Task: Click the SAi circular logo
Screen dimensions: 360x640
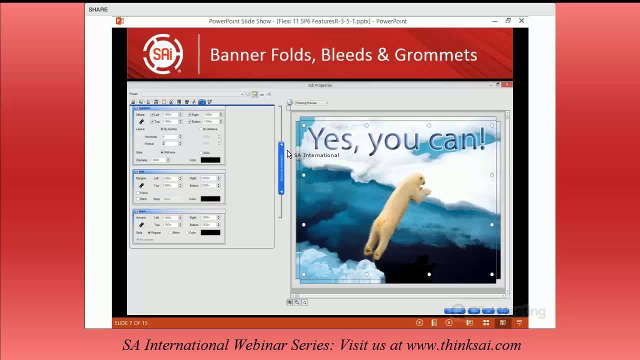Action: [163, 54]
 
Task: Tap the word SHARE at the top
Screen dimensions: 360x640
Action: [98, 9]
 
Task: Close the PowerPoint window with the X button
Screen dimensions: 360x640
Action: [521, 21]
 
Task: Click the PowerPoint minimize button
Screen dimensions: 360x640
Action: [494, 21]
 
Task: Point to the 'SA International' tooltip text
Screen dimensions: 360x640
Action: [316, 155]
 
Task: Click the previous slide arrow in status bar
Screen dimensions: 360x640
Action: [419, 322]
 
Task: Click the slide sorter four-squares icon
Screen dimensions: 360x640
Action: [486, 322]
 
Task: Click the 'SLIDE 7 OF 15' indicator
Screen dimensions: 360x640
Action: [131, 323]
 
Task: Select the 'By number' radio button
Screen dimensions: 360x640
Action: [162, 129]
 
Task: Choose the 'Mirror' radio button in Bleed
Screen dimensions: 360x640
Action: [170, 232]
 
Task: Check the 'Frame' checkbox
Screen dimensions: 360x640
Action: [138, 192]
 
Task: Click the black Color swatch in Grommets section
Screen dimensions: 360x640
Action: [210, 160]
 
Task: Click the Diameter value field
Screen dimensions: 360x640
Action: [157, 160]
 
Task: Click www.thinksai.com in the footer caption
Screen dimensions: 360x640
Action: [463, 345]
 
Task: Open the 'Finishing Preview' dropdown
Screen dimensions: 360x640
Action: [311, 103]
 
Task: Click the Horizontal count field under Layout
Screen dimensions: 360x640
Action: [170, 136]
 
